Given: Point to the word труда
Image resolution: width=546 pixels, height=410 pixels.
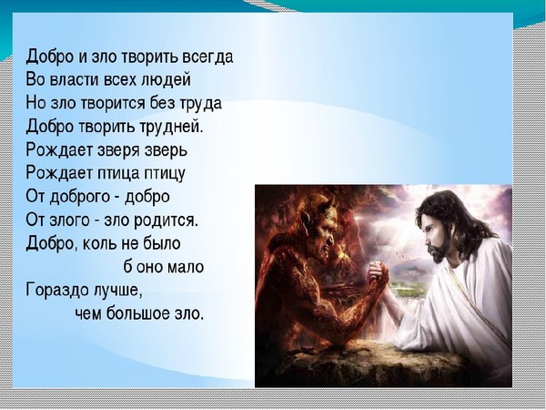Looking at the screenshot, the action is pyautogui.click(x=200, y=104).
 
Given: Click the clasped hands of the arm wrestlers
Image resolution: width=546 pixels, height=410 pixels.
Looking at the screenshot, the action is pyautogui.click(x=379, y=273).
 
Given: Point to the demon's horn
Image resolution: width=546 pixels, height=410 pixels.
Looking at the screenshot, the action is pyautogui.click(x=331, y=200).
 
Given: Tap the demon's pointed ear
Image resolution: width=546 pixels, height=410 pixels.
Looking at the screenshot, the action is pyautogui.click(x=308, y=219).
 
